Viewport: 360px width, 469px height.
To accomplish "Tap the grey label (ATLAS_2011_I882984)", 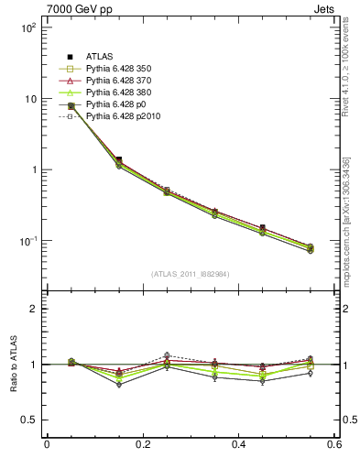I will click(x=191, y=274).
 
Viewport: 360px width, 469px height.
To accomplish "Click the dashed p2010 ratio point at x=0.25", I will click(x=167, y=355).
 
